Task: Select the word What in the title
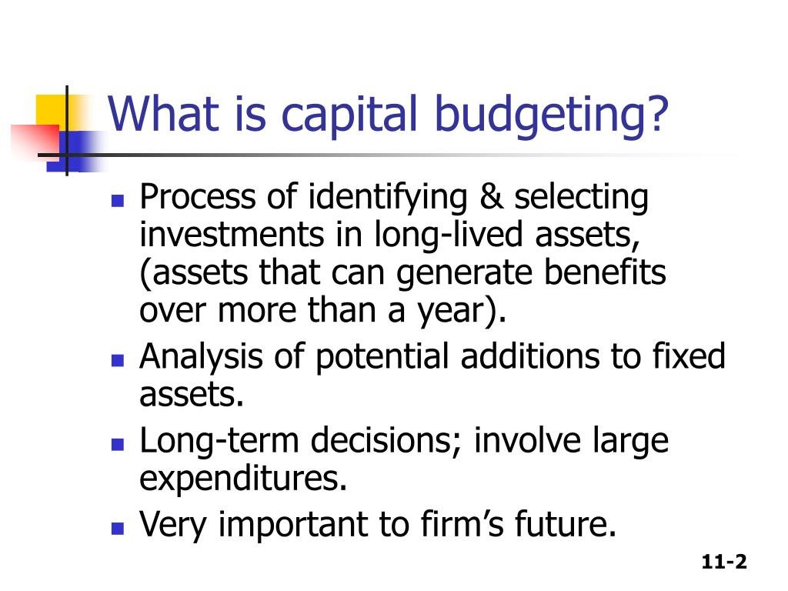coord(164,114)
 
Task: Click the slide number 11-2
coord(724,561)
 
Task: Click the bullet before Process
coord(118,201)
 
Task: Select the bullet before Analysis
coord(118,360)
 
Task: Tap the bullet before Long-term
coord(118,444)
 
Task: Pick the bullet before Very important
coord(118,528)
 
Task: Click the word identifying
coord(388,198)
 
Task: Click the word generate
coord(464,274)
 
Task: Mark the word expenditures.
coord(243,479)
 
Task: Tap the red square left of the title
coord(35,140)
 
